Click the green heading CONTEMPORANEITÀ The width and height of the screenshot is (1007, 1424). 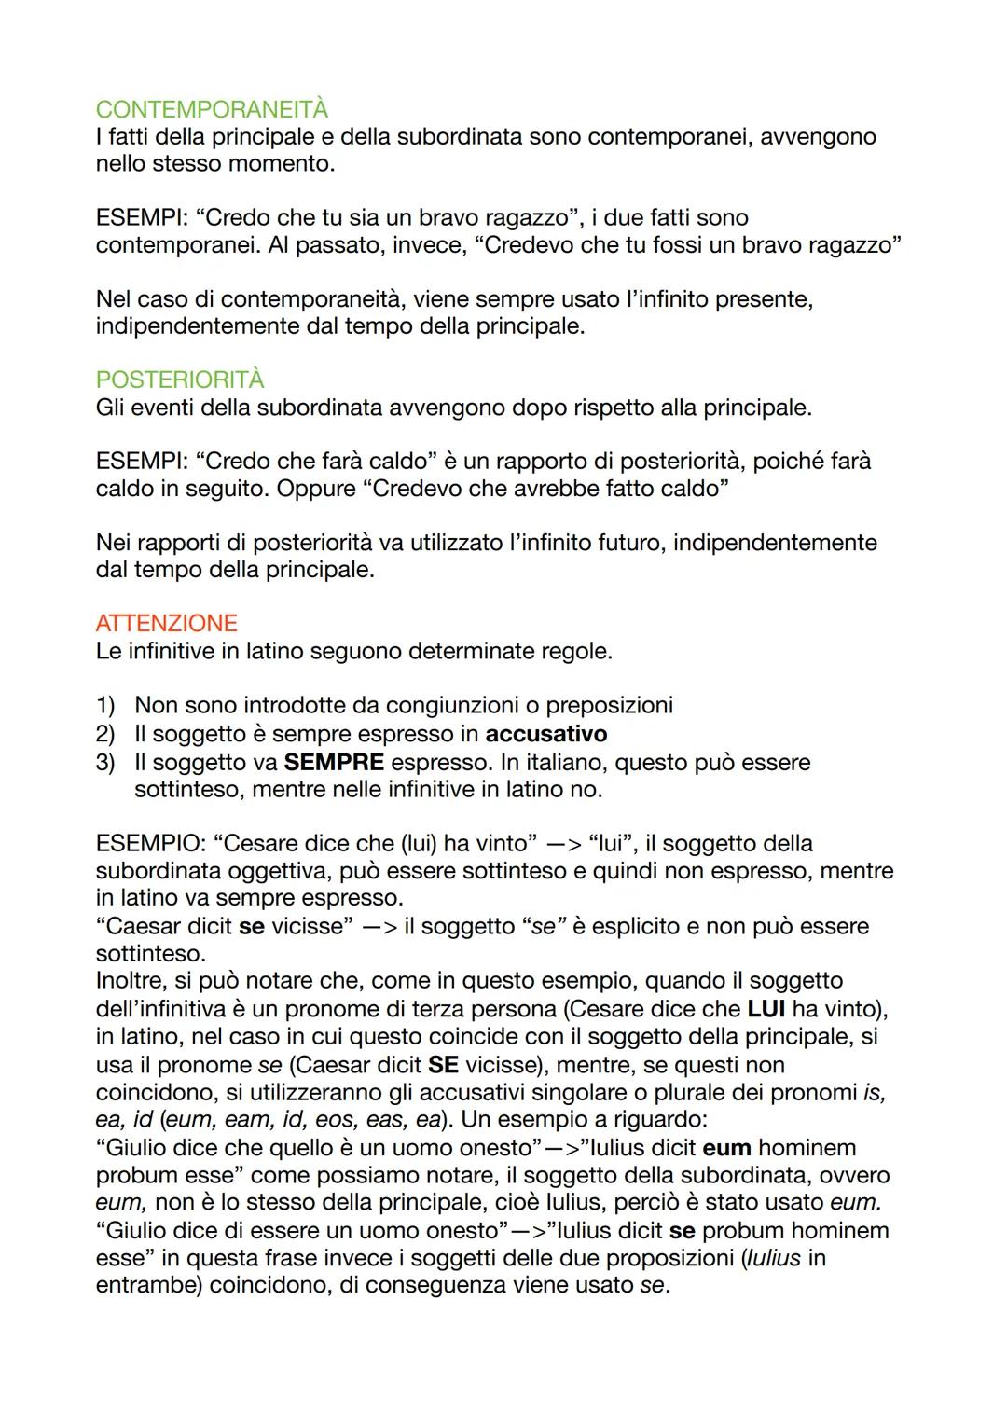(x=212, y=109)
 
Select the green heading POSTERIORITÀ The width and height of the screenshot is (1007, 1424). (x=180, y=380)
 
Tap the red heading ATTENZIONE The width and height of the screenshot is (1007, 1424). (x=166, y=623)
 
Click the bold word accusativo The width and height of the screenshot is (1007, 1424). (x=546, y=734)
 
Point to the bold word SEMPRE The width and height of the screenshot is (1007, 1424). (x=334, y=762)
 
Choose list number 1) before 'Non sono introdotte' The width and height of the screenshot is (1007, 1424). (x=105, y=706)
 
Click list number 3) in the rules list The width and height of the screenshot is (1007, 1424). (x=105, y=762)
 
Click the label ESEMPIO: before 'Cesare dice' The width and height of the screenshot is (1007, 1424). (x=150, y=844)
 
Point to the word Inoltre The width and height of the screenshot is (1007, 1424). (x=130, y=981)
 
